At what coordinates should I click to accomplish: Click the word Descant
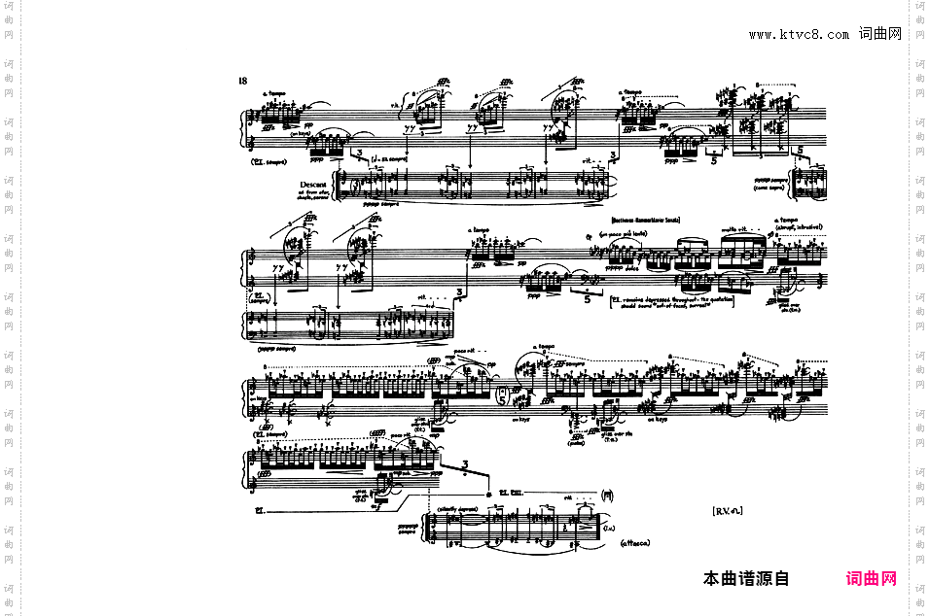coord(313,185)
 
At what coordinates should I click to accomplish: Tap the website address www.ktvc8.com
coord(799,34)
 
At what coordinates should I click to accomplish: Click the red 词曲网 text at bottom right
coord(872,579)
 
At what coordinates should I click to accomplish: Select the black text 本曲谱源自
coord(746,579)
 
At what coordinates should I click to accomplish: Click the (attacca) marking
coord(634,543)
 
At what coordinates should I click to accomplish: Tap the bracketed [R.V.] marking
coord(727,509)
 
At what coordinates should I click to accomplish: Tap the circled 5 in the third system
coord(502,395)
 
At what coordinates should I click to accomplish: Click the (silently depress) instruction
coord(459,508)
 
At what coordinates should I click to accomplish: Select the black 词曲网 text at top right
coord(880,34)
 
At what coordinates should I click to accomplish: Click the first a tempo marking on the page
coord(273,95)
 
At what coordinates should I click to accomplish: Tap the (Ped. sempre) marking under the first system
coord(270,162)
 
